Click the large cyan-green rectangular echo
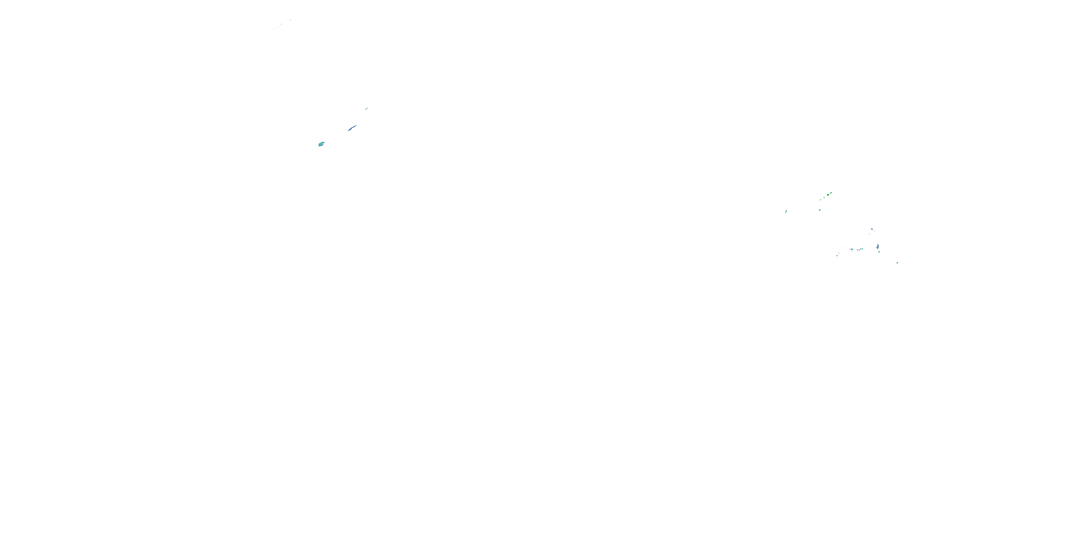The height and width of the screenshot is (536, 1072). tap(321, 144)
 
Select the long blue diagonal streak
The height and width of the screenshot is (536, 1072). tap(352, 127)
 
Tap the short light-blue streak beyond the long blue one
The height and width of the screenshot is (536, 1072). tap(367, 108)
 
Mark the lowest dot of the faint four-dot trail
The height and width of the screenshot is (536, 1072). tap(273, 30)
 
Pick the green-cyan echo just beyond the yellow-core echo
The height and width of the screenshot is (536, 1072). tap(831, 193)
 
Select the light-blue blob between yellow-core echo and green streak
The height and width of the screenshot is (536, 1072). tap(824, 198)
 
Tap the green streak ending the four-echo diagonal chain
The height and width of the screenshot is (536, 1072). tap(820, 200)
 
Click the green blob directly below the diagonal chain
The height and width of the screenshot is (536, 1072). tap(820, 210)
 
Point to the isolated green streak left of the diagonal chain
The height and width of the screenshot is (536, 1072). tap(786, 212)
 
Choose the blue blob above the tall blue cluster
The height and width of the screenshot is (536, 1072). tap(872, 229)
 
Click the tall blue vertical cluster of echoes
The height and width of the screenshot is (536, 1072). tap(878, 247)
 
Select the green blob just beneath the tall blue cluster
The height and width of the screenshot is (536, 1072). tap(879, 252)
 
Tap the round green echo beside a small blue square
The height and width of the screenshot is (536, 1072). tap(852, 249)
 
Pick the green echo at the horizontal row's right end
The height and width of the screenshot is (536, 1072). tap(863, 249)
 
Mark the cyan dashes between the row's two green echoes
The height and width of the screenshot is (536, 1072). tap(858, 250)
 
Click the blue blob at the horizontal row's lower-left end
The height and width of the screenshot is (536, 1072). tap(837, 255)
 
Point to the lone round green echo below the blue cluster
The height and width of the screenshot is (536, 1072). tap(897, 263)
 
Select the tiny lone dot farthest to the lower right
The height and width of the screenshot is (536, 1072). tap(906, 275)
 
